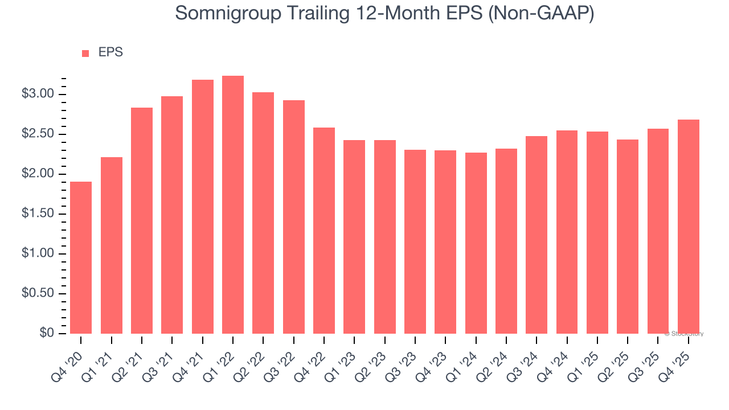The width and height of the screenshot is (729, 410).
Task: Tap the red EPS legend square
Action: [85, 54]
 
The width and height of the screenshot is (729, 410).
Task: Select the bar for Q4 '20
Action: [81, 257]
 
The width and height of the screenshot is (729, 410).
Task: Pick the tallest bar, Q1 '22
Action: [233, 205]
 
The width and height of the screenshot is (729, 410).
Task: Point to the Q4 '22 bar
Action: [324, 231]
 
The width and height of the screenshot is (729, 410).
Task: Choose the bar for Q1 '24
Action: [476, 243]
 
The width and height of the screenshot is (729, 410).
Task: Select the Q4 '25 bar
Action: [688, 227]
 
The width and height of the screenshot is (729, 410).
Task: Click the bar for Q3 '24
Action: [536, 235]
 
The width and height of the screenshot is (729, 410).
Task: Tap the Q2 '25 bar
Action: [628, 236]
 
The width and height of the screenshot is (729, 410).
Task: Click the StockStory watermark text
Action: [684, 334]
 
